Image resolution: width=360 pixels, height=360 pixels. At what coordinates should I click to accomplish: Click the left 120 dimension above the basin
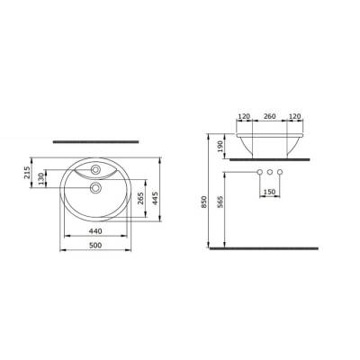pyautogui.click(x=243, y=117)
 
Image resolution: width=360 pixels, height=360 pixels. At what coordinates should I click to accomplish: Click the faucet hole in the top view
pyautogui.click(x=94, y=169)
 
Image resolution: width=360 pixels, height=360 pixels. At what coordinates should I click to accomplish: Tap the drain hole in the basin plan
pyautogui.click(x=94, y=188)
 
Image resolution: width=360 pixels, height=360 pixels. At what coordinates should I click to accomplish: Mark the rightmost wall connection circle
pyautogui.click(x=280, y=171)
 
